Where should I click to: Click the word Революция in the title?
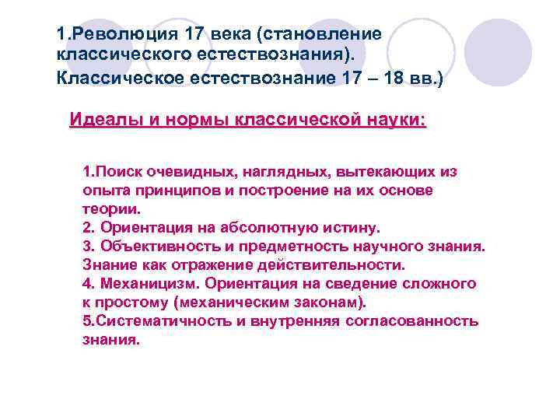pyautogui.click(x=117, y=35)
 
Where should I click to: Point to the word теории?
pyautogui.click(x=111, y=208)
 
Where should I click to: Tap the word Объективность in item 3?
pyautogui.click(x=148, y=246)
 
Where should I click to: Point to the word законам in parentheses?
pyautogui.click(x=324, y=302)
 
